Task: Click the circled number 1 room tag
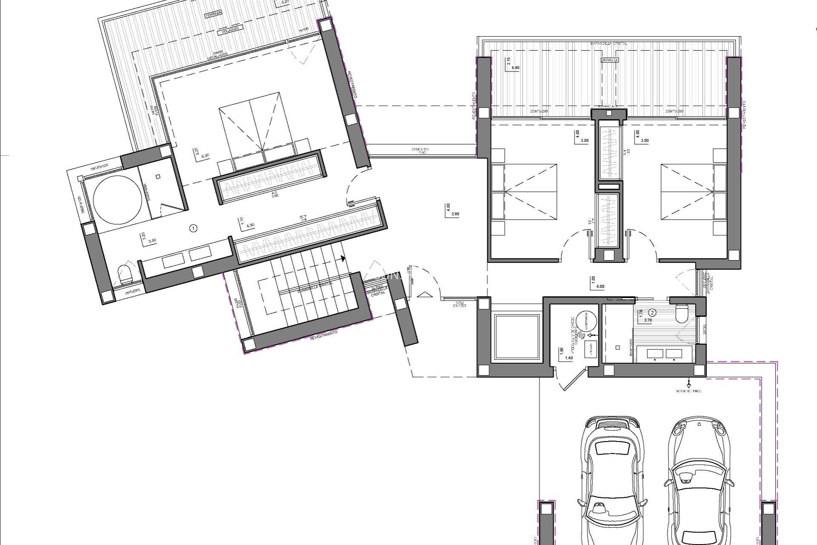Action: tap(194, 229)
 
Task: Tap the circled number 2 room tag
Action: tap(652, 312)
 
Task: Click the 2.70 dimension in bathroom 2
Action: tap(648, 320)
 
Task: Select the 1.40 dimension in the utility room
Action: tap(569, 358)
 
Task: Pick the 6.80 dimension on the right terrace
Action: tap(515, 68)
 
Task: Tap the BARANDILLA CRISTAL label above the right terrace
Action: tap(608, 43)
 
